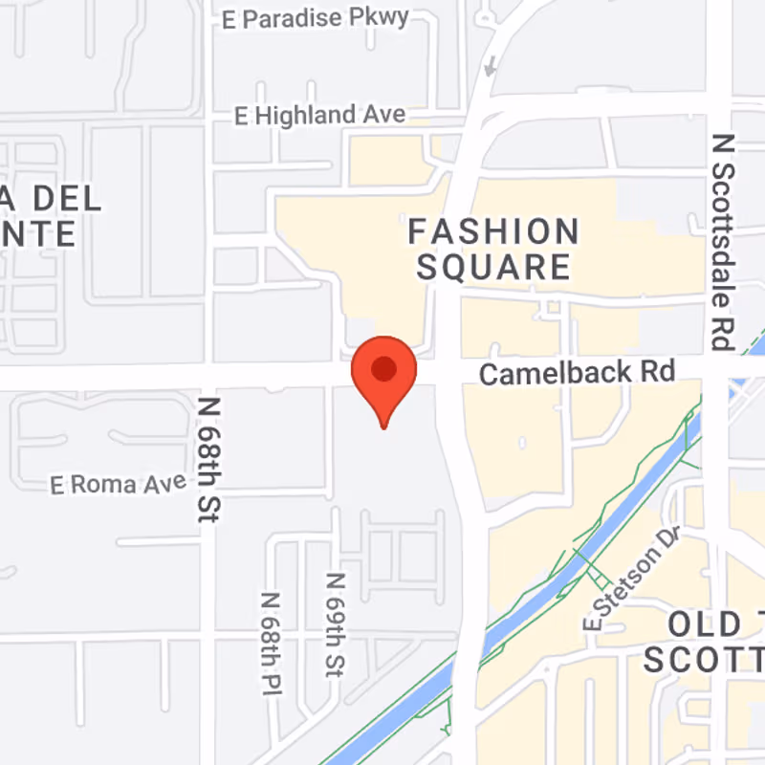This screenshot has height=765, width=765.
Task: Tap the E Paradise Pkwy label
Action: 315,17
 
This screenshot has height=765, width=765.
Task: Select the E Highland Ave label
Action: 320,116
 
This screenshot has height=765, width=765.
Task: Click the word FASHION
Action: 493,231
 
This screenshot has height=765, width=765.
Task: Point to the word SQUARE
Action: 493,267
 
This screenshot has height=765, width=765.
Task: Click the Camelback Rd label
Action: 577,372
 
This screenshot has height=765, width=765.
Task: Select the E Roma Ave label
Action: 119,485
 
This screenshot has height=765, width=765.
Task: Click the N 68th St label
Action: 209,459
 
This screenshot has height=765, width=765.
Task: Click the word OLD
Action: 704,625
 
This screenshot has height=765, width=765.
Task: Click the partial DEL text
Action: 67,200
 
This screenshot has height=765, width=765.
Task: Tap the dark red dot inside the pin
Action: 384,367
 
